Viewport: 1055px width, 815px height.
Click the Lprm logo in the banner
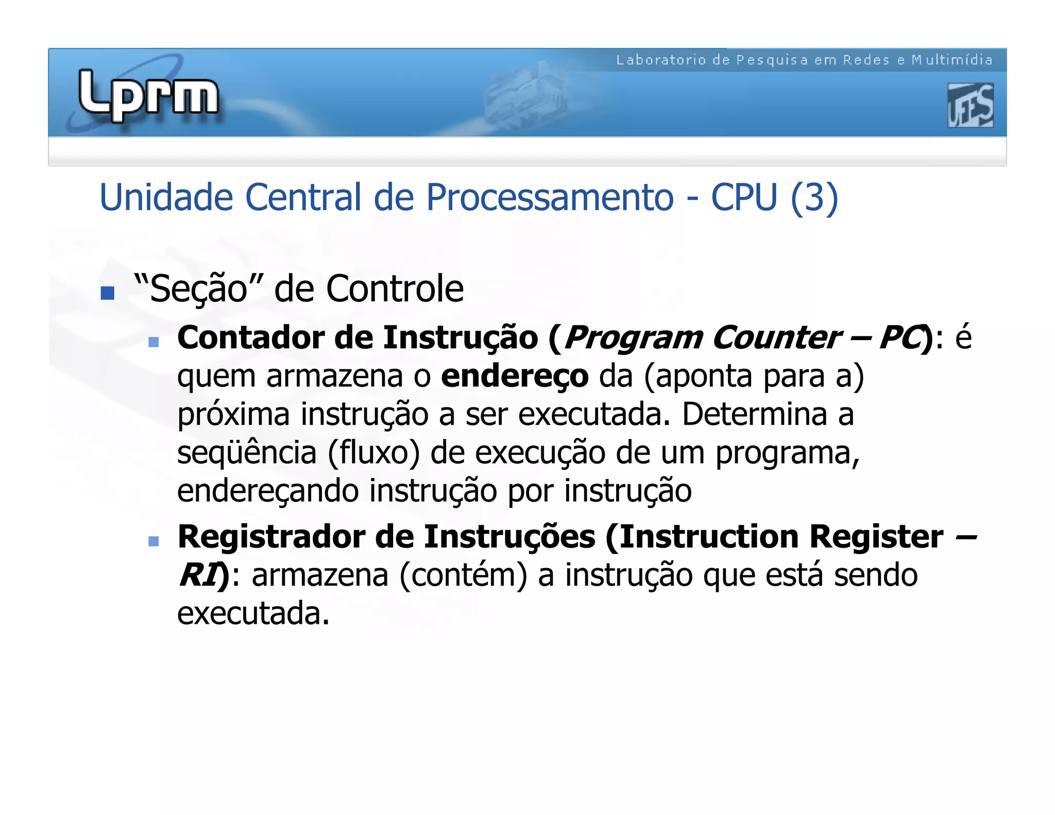coord(148,96)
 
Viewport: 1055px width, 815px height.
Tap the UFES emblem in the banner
coord(970,106)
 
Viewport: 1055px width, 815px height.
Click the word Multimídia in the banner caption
coord(952,60)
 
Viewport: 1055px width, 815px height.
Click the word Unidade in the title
coord(166,197)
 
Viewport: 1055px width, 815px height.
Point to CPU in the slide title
coord(744,197)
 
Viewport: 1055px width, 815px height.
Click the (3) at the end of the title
coord(814,197)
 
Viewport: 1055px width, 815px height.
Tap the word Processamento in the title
coord(550,197)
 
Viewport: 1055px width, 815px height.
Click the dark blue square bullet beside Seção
coord(107,293)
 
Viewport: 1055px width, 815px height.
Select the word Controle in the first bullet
coord(395,288)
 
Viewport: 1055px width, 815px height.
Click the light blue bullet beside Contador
coord(154,342)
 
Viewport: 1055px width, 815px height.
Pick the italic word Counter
coord(776,338)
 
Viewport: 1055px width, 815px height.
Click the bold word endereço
coord(515,376)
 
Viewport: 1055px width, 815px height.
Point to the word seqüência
coord(247,453)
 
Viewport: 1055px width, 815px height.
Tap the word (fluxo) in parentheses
coord(373,453)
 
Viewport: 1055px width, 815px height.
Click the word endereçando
coord(268,491)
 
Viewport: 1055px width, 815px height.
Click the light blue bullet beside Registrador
coord(154,541)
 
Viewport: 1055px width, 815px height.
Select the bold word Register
coord(876,537)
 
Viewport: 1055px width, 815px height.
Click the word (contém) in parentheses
coord(463,575)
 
